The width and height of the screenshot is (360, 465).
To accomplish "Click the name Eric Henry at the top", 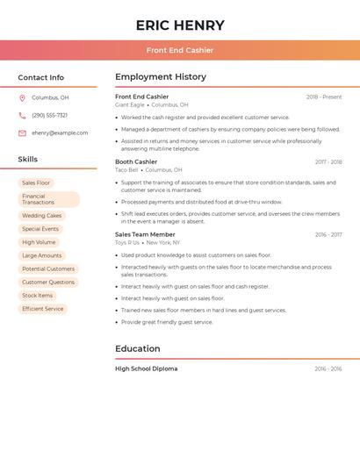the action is click(180, 25).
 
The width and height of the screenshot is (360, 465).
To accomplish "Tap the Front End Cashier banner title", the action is click(180, 51).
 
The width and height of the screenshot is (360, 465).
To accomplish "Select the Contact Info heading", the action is click(40, 77).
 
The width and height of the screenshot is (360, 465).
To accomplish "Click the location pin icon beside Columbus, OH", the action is click(22, 98).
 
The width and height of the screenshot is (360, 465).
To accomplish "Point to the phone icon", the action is click(22, 115).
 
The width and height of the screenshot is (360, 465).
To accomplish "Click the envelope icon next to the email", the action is click(22, 133).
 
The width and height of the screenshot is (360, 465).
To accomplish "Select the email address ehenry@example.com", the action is click(60, 133).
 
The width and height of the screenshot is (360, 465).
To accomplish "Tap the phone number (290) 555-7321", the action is click(49, 115).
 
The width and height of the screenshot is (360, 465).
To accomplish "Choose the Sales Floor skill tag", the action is click(36, 182).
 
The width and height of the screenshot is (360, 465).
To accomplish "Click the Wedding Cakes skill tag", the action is click(42, 215).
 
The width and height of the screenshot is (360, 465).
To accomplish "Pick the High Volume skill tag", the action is click(39, 242).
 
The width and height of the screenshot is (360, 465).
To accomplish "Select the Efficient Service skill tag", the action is click(43, 309).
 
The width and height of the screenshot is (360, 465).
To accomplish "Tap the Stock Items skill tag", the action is click(38, 296).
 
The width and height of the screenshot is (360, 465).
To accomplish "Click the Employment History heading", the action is click(161, 77).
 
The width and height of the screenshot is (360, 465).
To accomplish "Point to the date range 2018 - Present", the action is click(324, 97).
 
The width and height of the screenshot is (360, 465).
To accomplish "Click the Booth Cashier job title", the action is click(136, 161).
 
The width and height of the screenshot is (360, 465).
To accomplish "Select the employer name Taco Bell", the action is click(126, 169).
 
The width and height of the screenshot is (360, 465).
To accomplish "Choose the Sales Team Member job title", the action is click(145, 234).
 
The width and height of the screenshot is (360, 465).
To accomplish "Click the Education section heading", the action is click(138, 349).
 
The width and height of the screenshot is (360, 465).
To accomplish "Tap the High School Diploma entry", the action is click(146, 368).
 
